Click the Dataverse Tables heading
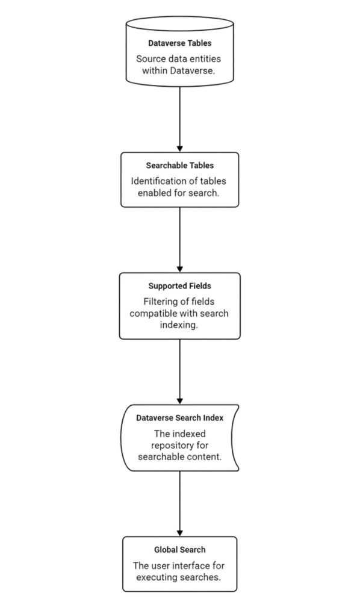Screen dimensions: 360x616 coord(180,43)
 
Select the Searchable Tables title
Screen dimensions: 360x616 coord(180,166)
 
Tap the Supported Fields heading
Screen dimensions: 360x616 coord(180,286)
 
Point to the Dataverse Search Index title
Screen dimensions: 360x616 coord(180,418)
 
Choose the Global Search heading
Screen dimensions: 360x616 coord(180,550)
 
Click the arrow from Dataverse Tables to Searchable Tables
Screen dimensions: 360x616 coord(180,119)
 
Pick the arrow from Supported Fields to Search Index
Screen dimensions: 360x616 coord(180,372)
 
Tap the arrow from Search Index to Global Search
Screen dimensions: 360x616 coord(180,503)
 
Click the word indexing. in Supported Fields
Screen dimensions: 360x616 coord(179,325)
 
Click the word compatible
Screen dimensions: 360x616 coord(154,314)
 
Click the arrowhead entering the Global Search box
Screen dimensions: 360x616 coord(180,534)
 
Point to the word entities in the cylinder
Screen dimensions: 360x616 coord(206,59)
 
